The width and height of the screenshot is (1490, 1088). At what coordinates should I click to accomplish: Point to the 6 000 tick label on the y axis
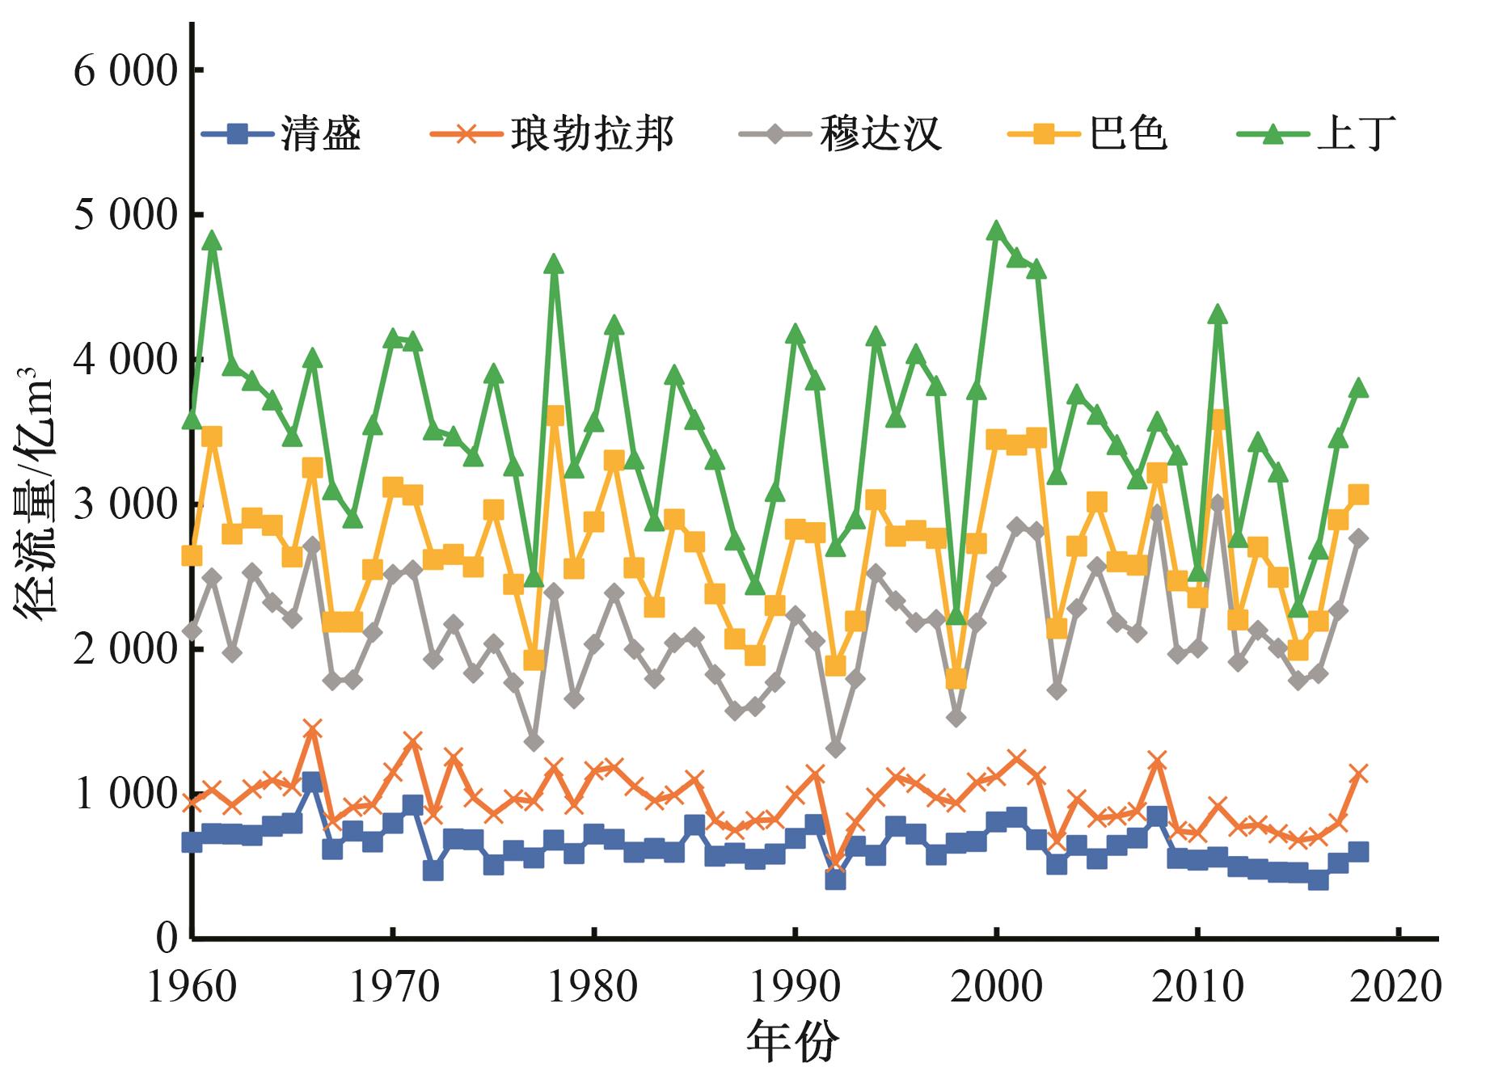[x=125, y=71]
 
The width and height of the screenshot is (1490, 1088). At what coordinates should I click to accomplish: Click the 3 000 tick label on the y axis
[x=125, y=505]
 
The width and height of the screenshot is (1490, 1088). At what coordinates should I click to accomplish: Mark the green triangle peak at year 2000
[x=996, y=231]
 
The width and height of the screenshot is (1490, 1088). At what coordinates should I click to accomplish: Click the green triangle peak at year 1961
[x=212, y=240]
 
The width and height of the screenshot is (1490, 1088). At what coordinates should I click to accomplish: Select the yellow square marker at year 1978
[x=555, y=417]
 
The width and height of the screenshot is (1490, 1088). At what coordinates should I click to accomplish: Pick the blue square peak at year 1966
[x=312, y=782]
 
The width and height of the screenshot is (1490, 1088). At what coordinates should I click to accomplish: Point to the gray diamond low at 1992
[x=835, y=749]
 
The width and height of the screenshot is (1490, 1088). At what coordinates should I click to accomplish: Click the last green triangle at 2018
[x=1359, y=388]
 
